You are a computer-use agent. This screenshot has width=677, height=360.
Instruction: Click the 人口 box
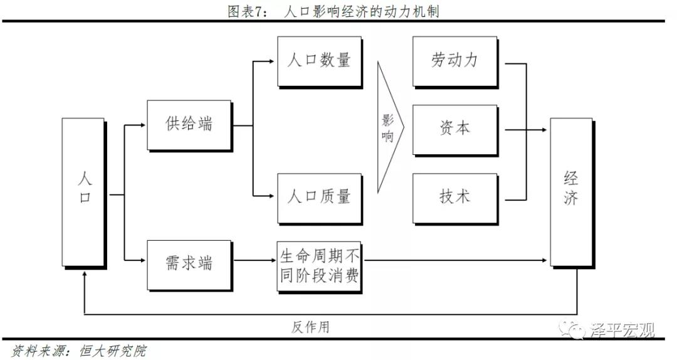click(84, 193)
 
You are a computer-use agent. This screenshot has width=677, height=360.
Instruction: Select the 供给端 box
click(189, 126)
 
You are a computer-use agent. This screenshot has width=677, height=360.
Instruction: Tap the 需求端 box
click(189, 265)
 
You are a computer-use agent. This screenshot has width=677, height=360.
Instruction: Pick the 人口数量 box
click(320, 62)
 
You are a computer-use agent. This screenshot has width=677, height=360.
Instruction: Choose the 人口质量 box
click(320, 199)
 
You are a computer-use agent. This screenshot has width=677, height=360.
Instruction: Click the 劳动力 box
click(456, 62)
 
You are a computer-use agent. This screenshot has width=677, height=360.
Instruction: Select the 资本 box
click(456, 130)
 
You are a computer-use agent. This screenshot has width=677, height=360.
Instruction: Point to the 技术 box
click(456, 199)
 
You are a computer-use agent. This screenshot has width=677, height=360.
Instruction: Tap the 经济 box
click(572, 193)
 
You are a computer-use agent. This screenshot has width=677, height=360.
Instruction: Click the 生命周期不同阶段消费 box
click(320, 267)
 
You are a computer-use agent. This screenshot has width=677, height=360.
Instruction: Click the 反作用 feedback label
click(310, 327)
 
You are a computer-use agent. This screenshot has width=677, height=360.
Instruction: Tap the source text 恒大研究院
click(113, 351)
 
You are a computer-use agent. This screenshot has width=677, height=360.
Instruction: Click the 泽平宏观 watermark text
click(622, 331)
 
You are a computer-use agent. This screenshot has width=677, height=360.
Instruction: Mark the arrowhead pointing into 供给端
click(143, 125)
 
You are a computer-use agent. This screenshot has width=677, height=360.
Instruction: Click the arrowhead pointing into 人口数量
click(271, 61)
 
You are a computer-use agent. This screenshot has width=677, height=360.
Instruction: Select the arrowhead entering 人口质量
click(271, 196)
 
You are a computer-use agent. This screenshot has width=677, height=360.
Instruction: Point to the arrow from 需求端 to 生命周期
click(255, 260)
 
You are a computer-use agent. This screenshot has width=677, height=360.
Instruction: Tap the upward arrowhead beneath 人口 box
click(84, 273)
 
